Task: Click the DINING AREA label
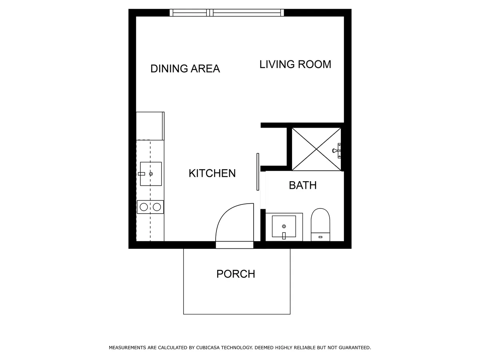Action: click(x=185, y=68)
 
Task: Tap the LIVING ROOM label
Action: click(x=295, y=64)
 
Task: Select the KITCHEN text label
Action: click(x=212, y=173)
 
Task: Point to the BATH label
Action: click(x=302, y=185)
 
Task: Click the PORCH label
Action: click(x=236, y=274)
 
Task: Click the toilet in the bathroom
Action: click(x=320, y=224)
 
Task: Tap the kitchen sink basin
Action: click(x=151, y=174)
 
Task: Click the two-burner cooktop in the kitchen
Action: click(x=150, y=207)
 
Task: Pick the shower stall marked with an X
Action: click(x=316, y=149)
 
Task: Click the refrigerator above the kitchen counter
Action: click(x=150, y=126)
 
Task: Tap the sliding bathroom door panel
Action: click(x=258, y=172)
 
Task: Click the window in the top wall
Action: click(x=227, y=13)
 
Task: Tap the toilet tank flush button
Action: click(x=320, y=237)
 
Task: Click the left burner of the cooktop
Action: click(x=144, y=207)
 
